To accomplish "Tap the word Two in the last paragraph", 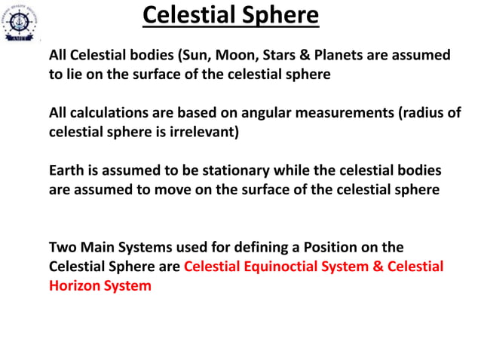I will (62, 247).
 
